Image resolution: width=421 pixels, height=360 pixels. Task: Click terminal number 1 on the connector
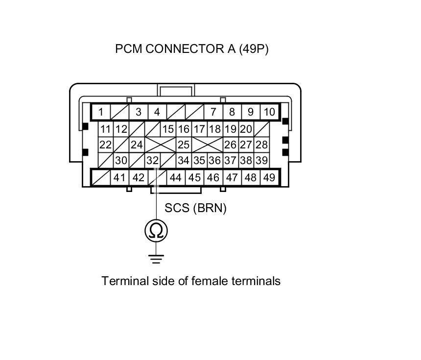[x=101, y=112]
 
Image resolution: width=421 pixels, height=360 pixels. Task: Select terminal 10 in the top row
[x=269, y=112]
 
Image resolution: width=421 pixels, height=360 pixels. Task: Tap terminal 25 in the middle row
[x=184, y=145]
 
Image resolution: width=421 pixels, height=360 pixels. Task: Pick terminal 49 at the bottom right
[x=269, y=177]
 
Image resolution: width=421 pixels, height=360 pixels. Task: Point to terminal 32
[x=153, y=161]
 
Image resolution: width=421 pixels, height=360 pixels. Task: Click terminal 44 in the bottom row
[x=175, y=177]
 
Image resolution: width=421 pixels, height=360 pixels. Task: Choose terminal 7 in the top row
[x=213, y=112]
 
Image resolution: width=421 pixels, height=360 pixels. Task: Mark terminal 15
[x=168, y=129]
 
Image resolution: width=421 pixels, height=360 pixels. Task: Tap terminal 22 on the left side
[x=105, y=145]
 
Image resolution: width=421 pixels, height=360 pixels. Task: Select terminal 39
[x=261, y=161]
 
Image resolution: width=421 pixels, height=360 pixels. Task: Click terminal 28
[x=261, y=145]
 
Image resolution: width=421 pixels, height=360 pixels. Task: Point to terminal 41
[x=119, y=177]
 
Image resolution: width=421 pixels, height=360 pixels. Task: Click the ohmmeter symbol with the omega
[x=156, y=230]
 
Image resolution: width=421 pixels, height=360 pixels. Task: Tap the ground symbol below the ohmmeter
[x=156, y=258]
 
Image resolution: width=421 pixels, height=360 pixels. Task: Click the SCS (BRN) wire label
[x=195, y=208]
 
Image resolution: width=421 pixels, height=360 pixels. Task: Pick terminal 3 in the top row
[x=139, y=112]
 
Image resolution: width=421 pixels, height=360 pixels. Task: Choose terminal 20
[x=246, y=129]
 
